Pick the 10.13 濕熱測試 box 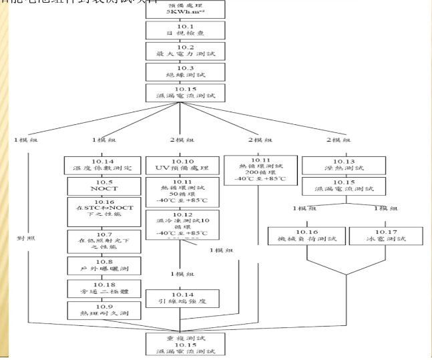coord(339,164)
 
